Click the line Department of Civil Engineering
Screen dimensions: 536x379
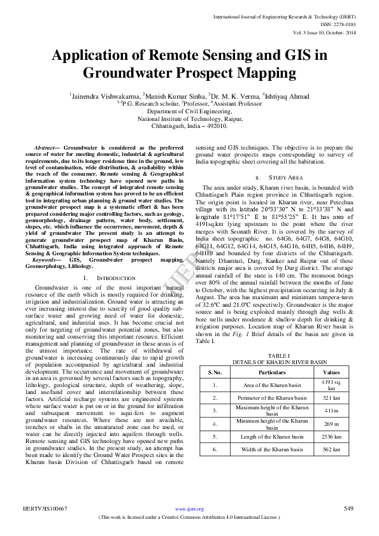tap(189, 110)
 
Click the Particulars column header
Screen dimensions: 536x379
tap(272, 372)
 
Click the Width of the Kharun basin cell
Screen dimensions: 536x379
tap(272, 449)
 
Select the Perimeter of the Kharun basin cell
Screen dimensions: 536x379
tap(272, 397)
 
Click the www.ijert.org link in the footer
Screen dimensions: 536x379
tap(190, 509)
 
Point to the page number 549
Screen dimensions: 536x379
tap(348, 509)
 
